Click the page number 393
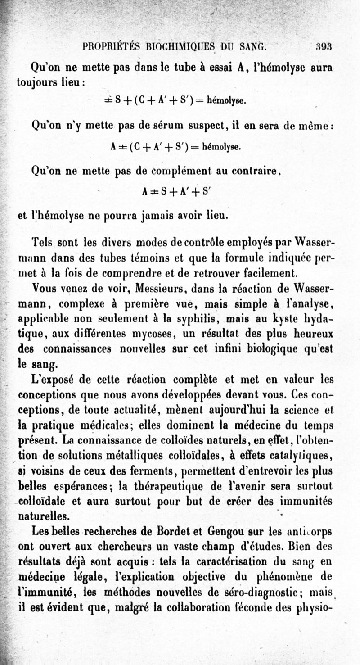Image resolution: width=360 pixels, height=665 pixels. pos(324,45)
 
